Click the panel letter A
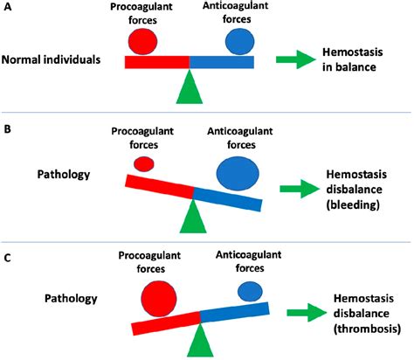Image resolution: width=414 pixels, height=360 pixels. coord(8,8)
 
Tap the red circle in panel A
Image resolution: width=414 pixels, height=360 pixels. coord(140,40)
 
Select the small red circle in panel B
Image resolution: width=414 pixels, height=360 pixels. coord(144,163)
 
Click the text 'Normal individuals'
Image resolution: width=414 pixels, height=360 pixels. coord(51,62)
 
